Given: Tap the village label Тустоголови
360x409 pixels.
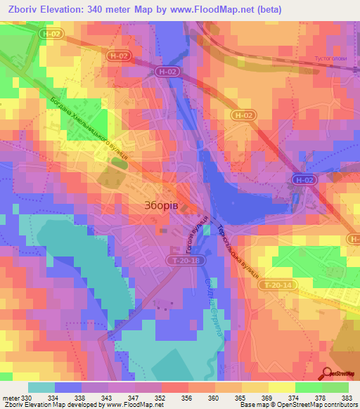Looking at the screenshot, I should coord(330,58).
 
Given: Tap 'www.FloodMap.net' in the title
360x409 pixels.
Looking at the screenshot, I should coord(221,9).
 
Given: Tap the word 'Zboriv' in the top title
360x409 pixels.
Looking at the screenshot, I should coord(24,9).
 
